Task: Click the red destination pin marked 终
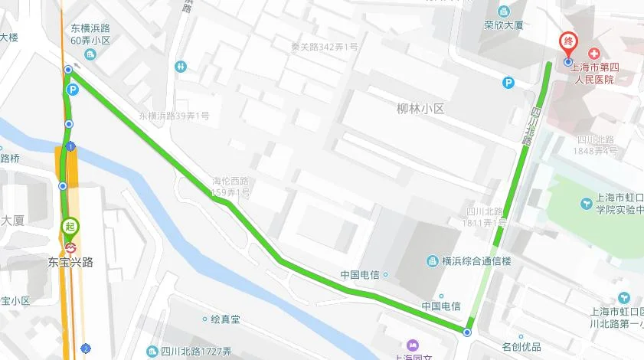coord(567,43)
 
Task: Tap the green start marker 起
coord(70,227)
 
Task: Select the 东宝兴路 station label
coord(70,261)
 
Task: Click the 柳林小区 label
coord(420,109)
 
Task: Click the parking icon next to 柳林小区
coord(508,83)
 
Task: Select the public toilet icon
coord(180,67)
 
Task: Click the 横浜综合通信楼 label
coord(470,261)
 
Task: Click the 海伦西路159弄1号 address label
coord(231,186)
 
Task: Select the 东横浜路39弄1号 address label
coord(174,116)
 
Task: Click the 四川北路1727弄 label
coord(196,352)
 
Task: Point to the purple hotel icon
coord(414,345)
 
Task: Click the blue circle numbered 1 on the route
coord(70,146)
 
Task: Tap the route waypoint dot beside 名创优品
coord(467,332)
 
